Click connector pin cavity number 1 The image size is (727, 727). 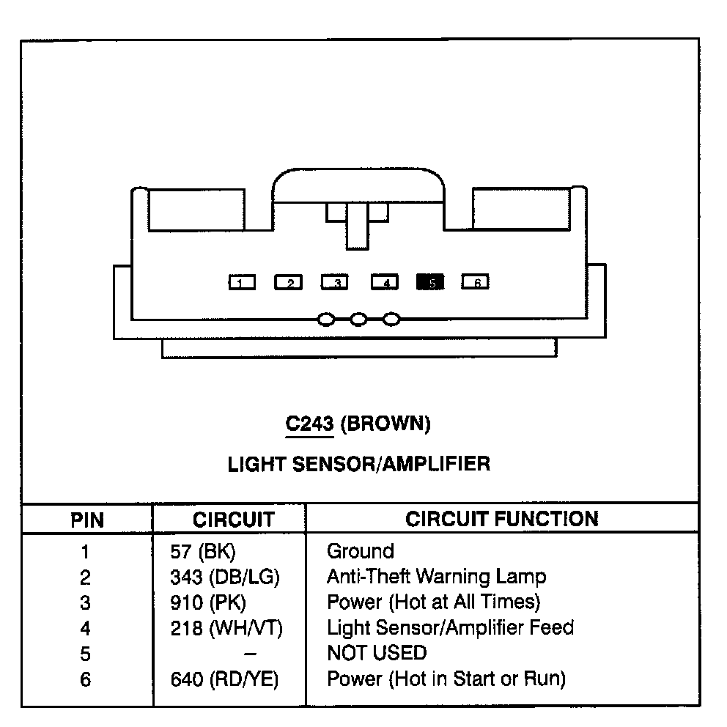(242, 282)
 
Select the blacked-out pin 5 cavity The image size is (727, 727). (430, 282)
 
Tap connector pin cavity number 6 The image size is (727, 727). (476, 282)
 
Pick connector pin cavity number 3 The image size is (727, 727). (335, 282)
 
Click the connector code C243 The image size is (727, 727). (309, 424)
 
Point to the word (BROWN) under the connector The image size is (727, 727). (385, 424)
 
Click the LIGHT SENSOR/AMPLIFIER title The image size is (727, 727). (358, 464)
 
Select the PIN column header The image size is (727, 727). (87, 520)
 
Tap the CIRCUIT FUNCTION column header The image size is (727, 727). (502, 519)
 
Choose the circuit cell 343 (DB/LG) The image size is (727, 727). (224, 577)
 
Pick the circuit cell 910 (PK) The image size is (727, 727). (207, 602)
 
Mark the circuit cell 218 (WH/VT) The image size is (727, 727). (226, 628)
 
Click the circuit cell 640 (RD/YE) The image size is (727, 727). (224, 679)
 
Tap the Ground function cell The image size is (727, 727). (360, 551)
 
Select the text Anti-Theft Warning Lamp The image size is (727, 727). (436, 577)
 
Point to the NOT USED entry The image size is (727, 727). (376, 652)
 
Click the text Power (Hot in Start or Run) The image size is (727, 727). (446, 679)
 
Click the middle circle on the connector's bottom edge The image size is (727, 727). (358, 320)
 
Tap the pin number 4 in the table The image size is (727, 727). (86, 628)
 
